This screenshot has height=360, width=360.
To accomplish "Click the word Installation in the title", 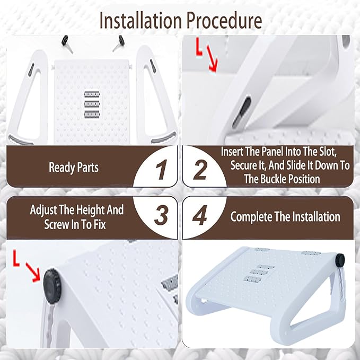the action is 141,21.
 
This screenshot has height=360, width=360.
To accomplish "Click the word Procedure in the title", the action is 224,21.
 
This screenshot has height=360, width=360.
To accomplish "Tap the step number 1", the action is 161,170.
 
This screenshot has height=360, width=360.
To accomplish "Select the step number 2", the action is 200,170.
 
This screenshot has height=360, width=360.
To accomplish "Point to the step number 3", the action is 161,215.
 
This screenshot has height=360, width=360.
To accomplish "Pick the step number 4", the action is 200,215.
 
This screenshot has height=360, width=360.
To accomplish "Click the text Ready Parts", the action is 74,167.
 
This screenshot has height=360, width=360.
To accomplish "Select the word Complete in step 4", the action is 251,217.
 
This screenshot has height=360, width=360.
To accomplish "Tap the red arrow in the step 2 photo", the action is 212,58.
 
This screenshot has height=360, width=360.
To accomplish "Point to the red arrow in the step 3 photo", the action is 33,273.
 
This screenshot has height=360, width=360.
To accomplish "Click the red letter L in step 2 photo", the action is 199,47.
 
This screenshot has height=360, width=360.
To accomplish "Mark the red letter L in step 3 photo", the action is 16,258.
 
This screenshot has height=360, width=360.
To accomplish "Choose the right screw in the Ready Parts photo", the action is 119,43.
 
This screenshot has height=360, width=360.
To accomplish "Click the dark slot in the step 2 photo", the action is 241,112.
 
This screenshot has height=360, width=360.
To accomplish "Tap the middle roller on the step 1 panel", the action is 92,104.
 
